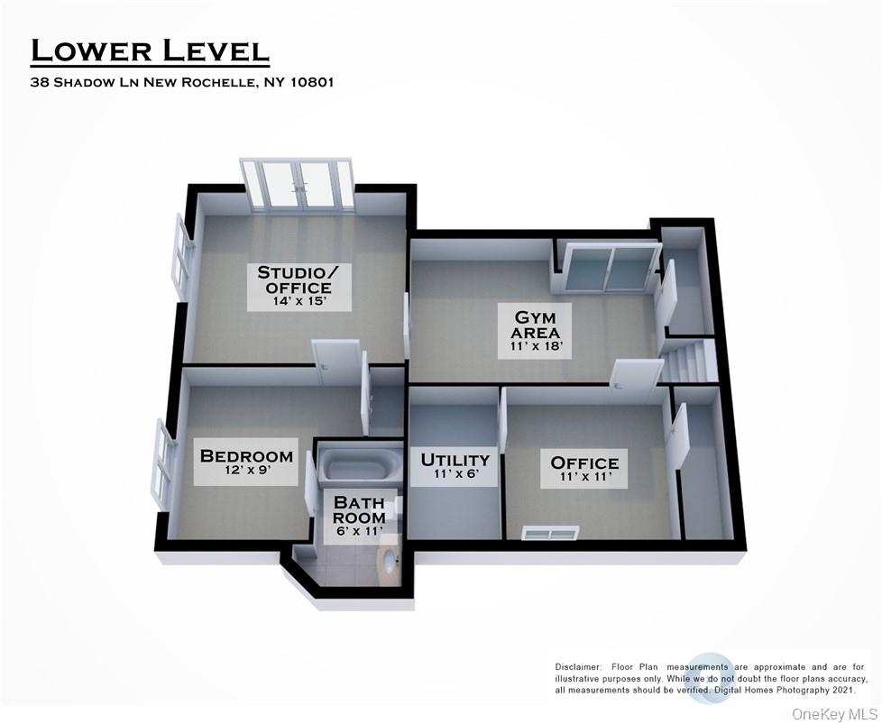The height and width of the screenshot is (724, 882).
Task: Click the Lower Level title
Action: point(150,50)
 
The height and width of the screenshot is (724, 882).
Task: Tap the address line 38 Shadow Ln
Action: point(183,82)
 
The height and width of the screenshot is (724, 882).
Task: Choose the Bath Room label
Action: point(359,509)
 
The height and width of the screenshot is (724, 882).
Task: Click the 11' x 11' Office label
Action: point(584,470)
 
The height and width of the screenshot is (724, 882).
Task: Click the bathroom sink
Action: point(390,563)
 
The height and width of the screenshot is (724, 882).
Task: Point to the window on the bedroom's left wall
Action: point(161,463)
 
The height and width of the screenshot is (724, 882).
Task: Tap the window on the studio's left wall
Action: point(181,258)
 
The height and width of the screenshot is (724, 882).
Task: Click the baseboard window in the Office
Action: point(549,533)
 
